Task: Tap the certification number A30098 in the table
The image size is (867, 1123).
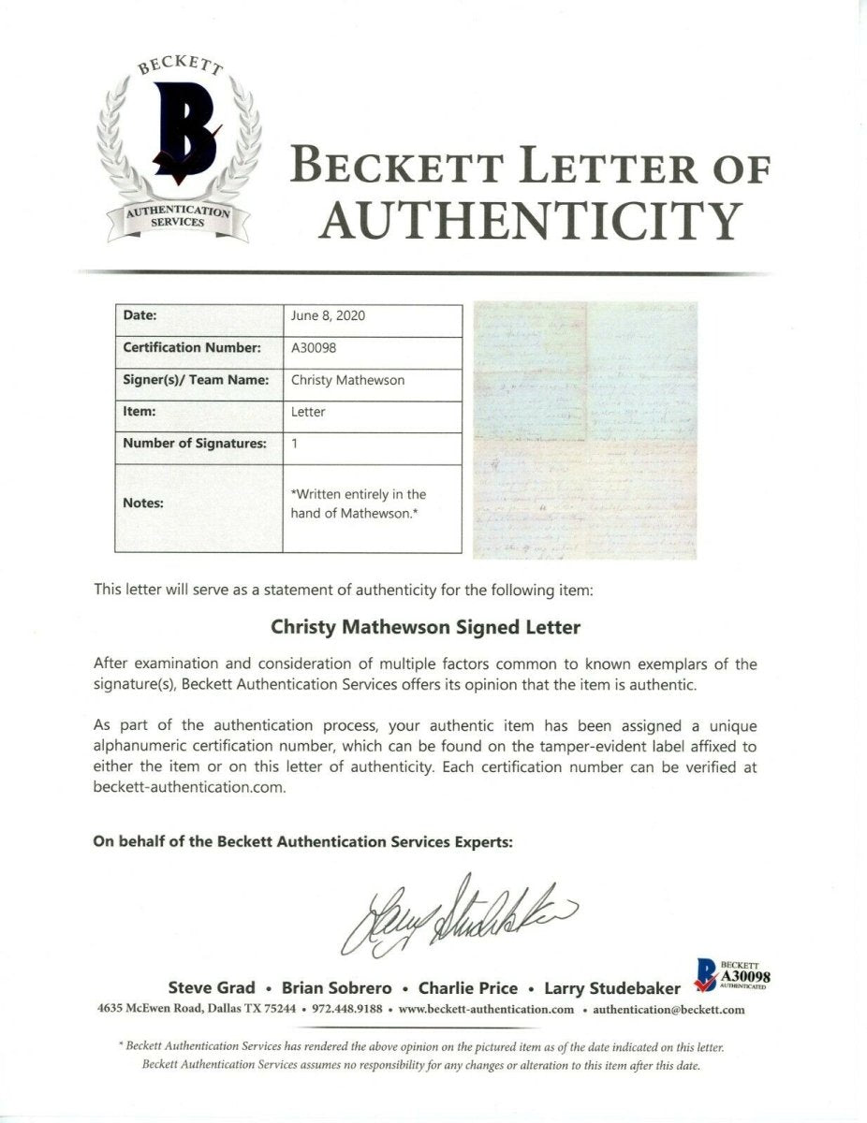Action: tap(314, 347)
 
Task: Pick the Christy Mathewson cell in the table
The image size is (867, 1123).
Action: tap(348, 380)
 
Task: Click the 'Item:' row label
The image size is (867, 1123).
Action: tap(140, 410)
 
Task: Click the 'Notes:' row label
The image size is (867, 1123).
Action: tap(143, 503)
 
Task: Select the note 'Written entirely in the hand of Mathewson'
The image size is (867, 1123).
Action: tap(359, 503)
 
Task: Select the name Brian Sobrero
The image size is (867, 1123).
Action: tap(328, 987)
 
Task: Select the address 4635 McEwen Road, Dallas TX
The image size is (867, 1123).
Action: tap(197, 1010)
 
